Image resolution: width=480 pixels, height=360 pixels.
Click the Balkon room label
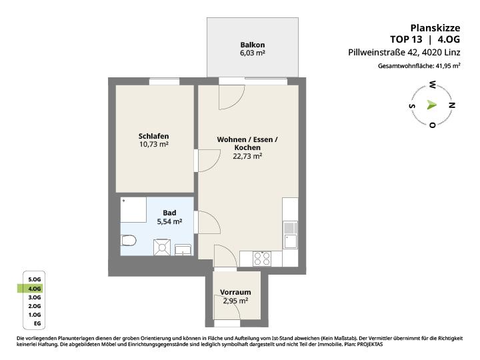tap(253, 45)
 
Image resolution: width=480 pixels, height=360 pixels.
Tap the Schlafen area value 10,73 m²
tap(154, 144)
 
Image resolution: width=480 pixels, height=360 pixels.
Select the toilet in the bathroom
tap(128, 241)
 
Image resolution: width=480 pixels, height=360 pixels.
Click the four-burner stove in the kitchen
tap(262, 259)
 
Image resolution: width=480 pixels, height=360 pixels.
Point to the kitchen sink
tap(290, 235)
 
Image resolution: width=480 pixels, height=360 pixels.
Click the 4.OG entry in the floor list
tap(34, 289)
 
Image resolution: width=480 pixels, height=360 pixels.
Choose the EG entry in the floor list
tap(37, 323)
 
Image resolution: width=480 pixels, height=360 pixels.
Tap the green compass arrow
tap(431, 105)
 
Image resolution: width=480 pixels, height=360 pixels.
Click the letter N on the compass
tap(451, 105)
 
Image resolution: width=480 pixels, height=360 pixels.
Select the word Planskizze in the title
tap(435, 28)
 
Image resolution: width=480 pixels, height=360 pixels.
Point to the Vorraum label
tap(235, 292)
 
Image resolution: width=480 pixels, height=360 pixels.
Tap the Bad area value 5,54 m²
tap(169, 221)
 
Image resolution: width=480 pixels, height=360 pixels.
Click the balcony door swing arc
tap(238, 103)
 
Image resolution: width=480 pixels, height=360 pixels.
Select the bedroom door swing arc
tap(215, 164)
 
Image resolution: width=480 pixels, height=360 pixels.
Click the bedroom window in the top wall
tap(164, 81)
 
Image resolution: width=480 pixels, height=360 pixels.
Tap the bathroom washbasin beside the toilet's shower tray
tap(183, 249)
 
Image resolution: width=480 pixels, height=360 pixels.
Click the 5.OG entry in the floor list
tap(34, 279)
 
